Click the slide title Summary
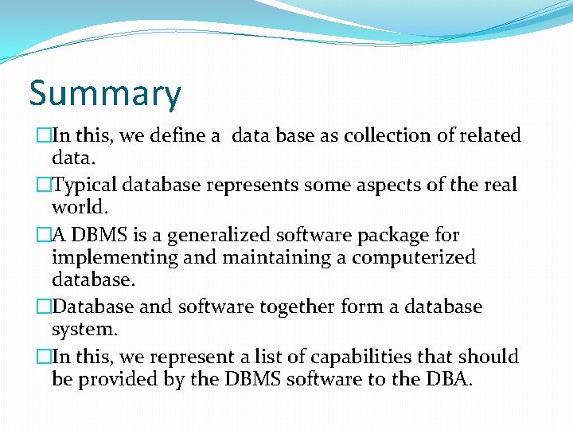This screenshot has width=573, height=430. click(105, 94)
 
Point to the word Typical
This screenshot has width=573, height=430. click(84, 186)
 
